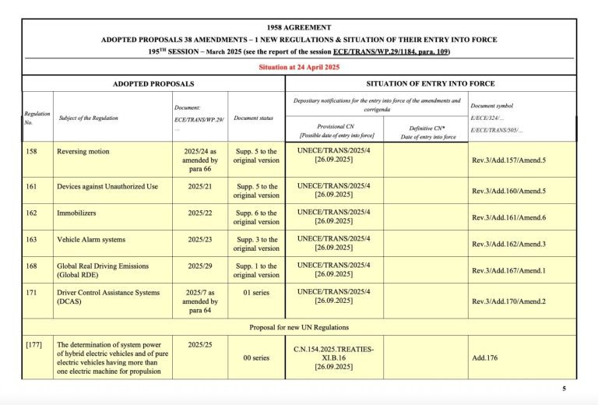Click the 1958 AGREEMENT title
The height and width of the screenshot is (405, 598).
pyautogui.click(x=299, y=27)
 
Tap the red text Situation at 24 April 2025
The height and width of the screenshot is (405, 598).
pyautogui.click(x=299, y=67)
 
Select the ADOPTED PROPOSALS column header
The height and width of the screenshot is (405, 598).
pyautogui.click(x=153, y=83)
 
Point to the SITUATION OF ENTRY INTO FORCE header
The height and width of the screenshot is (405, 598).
pyautogui.click(x=431, y=83)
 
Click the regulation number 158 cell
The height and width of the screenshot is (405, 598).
pyautogui.click(x=32, y=151)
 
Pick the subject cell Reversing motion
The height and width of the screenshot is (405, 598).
pyautogui.click(x=82, y=151)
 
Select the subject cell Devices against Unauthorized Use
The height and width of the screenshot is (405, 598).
pyautogui.click(x=107, y=187)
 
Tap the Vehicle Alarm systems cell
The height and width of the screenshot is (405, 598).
pyautogui.click(x=90, y=240)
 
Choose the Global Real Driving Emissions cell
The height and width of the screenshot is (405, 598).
pyautogui.click(x=102, y=270)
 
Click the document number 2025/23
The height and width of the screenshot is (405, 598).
pyautogui.click(x=200, y=240)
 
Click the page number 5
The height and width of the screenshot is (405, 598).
pyautogui.click(x=564, y=389)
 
